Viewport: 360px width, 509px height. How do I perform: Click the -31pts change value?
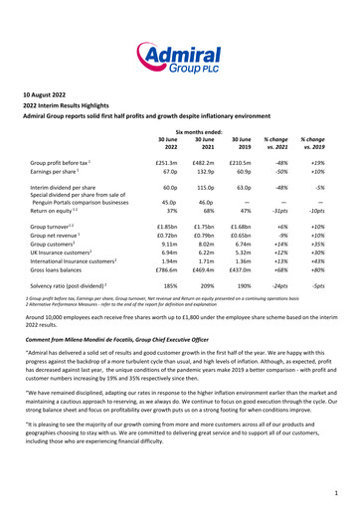(x=293, y=211)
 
